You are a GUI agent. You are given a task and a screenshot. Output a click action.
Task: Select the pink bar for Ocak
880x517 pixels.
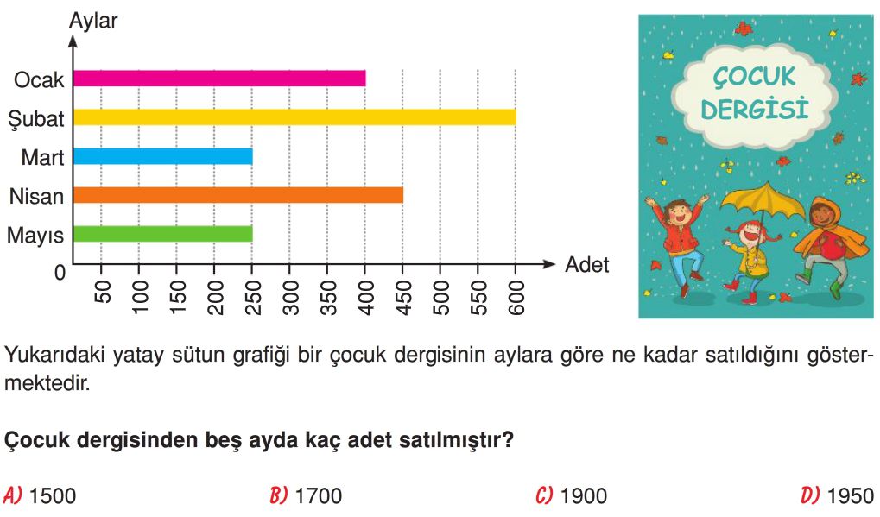tap(219, 79)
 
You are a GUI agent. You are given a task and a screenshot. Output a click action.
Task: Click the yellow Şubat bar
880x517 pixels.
tap(294, 117)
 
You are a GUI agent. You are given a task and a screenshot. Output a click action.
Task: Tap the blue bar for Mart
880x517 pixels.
tap(162, 156)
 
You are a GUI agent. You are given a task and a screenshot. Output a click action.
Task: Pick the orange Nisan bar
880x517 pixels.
tap(238, 195)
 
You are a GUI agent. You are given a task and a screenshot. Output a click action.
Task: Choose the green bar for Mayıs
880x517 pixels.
tap(162, 234)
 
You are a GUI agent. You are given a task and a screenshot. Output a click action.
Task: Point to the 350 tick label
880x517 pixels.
tap(328, 297)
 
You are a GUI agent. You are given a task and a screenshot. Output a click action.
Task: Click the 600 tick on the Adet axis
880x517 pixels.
tap(516, 297)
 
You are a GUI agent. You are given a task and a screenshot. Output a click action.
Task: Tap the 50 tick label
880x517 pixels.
tap(102, 293)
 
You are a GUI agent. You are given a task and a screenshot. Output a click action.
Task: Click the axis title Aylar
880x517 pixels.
tap(93, 21)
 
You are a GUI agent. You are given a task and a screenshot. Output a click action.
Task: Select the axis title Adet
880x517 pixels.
tap(586, 264)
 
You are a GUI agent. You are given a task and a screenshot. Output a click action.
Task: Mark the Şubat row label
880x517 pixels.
tap(36, 119)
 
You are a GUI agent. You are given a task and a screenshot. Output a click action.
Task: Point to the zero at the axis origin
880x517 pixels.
tap(60, 273)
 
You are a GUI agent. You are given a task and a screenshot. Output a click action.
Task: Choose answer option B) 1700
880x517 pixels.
tap(306, 495)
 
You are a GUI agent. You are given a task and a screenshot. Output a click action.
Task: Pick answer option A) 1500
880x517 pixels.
tap(39, 495)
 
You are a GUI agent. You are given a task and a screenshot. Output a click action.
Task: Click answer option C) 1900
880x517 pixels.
tap(572, 495)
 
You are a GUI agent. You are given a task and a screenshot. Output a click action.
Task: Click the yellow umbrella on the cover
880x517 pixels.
tap(761, 205)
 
